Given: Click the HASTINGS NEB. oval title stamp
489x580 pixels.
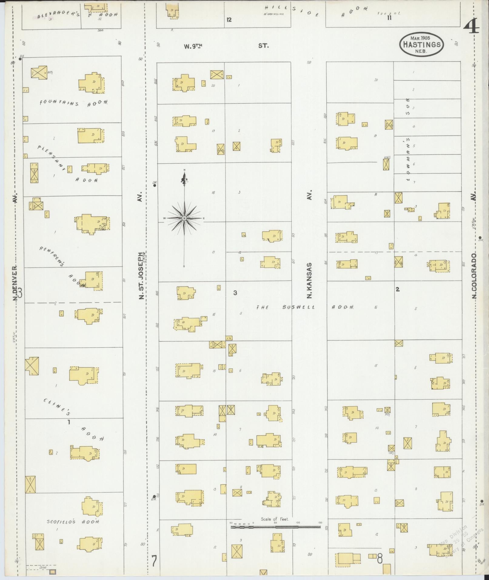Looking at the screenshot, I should tap(421, 44).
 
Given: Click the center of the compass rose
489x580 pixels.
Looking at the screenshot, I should tap(184, 218).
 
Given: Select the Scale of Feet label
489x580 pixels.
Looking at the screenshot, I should tap(275, 519).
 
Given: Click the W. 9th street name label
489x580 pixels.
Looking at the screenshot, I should tap(193, 46).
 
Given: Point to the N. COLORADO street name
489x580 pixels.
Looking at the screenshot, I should tap(474, 276).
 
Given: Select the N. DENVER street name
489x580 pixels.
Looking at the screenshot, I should tap(15, 283).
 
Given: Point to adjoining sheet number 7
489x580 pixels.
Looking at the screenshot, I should tap(154, 561).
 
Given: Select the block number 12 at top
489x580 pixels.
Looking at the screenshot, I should tap(229, 20).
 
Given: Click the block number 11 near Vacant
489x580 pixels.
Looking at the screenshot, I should tap(389, 18).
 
